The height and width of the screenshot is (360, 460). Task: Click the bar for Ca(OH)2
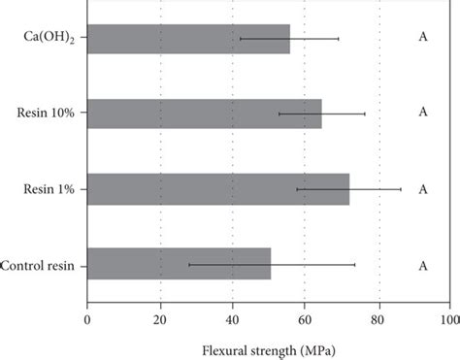click(x=188, y=38)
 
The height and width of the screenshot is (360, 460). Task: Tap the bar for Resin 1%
click(x=218, y=189)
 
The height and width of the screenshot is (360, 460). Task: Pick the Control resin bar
click(x=179, y=264)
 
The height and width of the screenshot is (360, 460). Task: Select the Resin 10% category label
click(x=57, y=114)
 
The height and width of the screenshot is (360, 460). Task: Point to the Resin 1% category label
click(x=60, y=189)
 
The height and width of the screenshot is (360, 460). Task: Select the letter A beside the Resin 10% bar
click(x=423, y=113)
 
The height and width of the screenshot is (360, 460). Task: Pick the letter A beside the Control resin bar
click(x=423, y=265)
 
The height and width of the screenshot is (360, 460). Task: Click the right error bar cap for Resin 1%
click(x=401, y=189)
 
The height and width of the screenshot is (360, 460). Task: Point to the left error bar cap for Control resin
click(x=188, y=264)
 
